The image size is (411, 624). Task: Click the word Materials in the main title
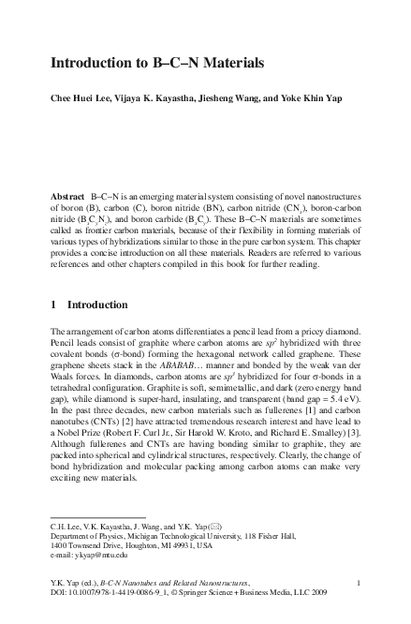tap(222, 64)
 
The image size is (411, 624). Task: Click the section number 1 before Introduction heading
tap(52, 304)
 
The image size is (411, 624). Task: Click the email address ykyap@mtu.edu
tap(102, 553)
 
